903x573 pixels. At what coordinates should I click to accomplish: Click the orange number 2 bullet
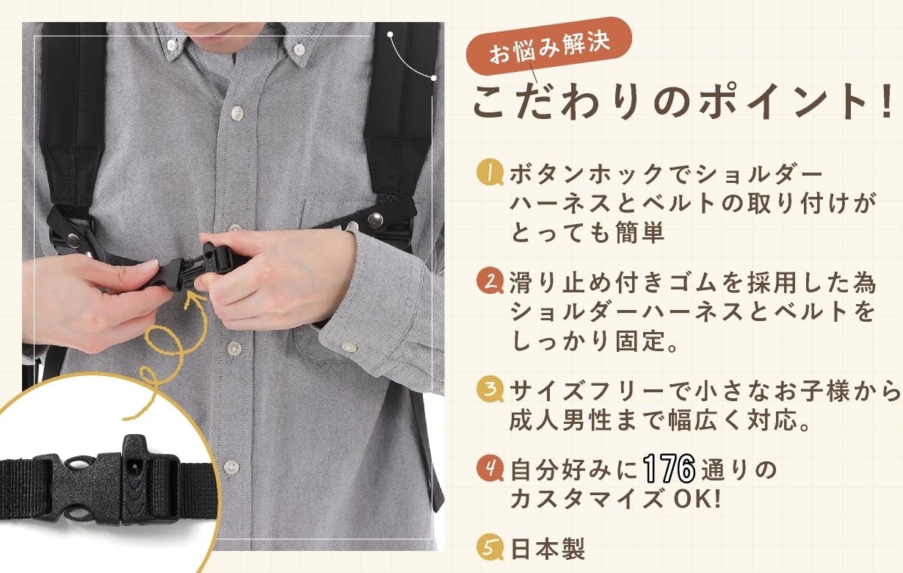pyautogui.click(x=490, y=281)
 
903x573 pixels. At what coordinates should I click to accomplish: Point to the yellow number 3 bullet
pyautogui.click(x=490, y=389)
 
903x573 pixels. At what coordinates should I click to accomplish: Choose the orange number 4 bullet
pyautogui.click(x=490, y=468)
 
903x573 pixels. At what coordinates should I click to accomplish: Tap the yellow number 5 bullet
pyautogui.click(x=490, y=547)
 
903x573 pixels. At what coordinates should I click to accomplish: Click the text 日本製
pyautogui.click(x=548, y=548)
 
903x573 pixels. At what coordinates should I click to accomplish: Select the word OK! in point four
pyautogui.click(x=697, y=499)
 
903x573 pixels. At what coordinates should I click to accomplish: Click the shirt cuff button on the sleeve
pyautogui.click(x=348, y=346)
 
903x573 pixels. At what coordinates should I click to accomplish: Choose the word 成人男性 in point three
pyautogui.click(x=560, y=420)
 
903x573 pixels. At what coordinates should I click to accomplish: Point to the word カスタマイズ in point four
pyautogui.click(x=587, y=499)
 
